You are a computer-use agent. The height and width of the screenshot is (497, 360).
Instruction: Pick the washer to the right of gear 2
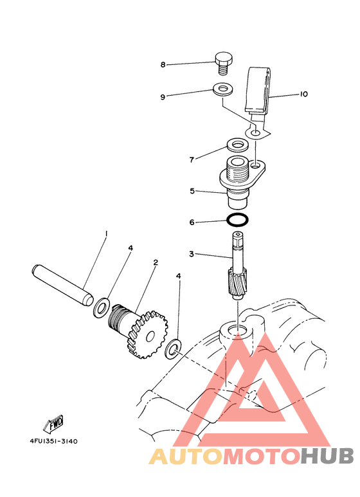[173, 350]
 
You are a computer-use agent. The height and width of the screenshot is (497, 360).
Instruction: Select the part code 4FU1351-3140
[53, 442]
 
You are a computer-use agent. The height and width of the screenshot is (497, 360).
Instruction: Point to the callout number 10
[303, 94]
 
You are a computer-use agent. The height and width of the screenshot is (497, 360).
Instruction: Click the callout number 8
[163, 64]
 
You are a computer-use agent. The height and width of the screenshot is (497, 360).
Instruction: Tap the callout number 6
[191, 222]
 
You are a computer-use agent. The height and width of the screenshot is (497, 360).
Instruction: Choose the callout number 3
[191, 255]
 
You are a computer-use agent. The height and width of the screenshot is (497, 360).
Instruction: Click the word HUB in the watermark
[327, 456]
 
